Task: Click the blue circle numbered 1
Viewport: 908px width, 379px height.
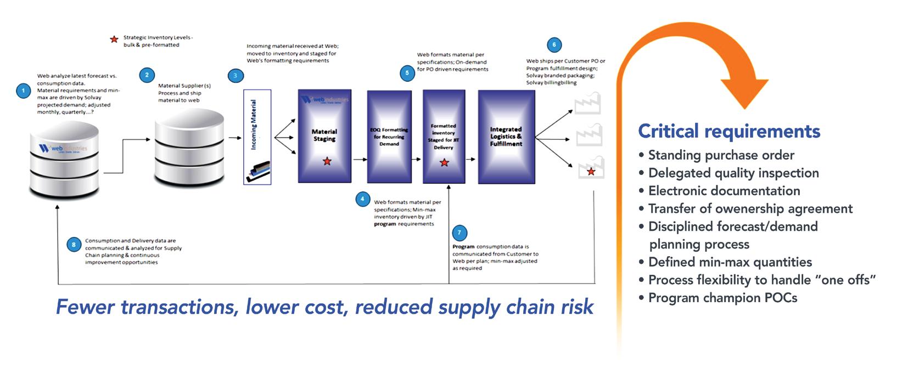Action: pos(23,90)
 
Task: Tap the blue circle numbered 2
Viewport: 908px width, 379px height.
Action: pos(147,75)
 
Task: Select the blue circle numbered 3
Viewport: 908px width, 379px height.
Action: pos(236,76)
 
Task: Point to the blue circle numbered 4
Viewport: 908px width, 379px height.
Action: pos(362,199)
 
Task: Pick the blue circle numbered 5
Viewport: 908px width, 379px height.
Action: pos(407,73)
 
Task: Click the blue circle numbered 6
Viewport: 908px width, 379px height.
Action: pos(554,45)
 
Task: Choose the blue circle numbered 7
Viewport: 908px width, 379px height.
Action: pos(459,233)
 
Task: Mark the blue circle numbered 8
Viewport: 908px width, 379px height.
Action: pos(74,245)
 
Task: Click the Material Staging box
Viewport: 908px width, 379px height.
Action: pos(324,135)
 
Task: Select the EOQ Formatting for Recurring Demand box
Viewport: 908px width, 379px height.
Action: pos(389,137)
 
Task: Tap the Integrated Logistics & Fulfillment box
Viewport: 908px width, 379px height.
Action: pos(506,137)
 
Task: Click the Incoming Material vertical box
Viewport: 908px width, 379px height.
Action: pos(257,137)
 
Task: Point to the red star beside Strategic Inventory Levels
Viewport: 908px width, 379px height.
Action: pos(114,39)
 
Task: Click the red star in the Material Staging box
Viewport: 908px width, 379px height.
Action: pos(327,161)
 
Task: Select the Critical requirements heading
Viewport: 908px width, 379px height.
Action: pos(729,132)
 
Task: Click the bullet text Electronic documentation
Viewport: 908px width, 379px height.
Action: pos(724,191)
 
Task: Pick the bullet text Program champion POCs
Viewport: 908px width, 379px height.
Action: pos(722,298)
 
